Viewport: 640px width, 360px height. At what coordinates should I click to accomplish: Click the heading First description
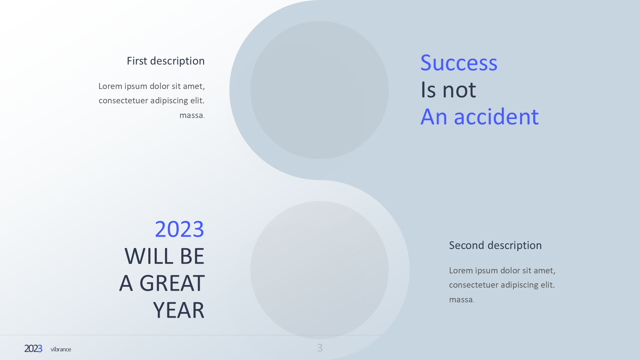point(166,61)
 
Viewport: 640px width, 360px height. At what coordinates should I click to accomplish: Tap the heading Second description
point(495,245)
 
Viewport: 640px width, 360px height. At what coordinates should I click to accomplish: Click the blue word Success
point(459,63)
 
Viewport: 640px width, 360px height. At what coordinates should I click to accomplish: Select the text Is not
point(448,90)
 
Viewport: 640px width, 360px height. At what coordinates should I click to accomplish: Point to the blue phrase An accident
point(479,117)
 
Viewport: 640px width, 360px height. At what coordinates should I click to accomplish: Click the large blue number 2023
point(179,229)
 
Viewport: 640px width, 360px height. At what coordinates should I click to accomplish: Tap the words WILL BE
point(164,256)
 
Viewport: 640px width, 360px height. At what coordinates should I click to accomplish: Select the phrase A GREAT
point(162,283)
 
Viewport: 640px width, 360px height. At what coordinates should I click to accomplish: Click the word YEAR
point(179,310)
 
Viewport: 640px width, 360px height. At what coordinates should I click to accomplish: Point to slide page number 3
point(320,348)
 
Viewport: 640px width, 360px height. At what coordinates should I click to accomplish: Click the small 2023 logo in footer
point(33,349)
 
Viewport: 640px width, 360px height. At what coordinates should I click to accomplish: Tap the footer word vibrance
point(61,349)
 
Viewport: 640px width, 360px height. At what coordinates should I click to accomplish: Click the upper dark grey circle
point(319,90)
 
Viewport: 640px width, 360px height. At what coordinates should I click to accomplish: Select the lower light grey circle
point(319,270)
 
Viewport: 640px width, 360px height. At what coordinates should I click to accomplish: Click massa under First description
point(191,115)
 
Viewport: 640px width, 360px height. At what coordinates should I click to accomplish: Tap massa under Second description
point(461,300)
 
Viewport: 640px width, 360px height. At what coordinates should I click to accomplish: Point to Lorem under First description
point(110,86)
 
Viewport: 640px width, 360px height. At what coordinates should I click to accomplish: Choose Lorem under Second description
point(461,271)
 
